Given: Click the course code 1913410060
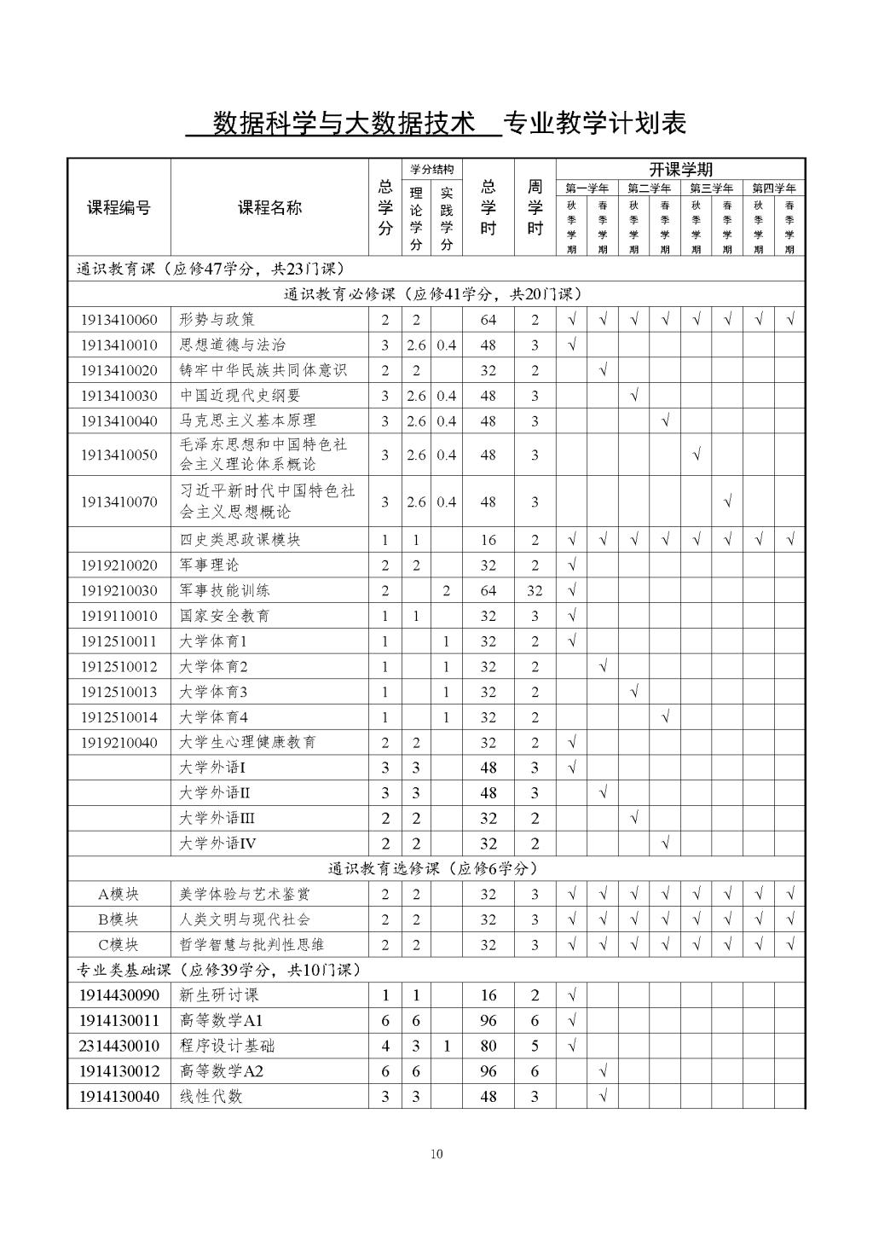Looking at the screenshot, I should tap(119, 320).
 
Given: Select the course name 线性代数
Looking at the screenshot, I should tap(211, 1096).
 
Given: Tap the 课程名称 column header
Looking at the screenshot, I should tap(269, 207).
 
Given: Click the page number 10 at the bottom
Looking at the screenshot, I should tap(436, 1154).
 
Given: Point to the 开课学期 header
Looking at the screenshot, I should tap(680, 169).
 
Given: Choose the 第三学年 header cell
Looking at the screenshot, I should tap(711, 188).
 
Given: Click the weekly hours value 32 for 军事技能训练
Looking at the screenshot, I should tap(535, 590).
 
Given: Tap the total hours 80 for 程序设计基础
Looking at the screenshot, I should tap(488, 1046).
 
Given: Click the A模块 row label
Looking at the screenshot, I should tap(119, 894).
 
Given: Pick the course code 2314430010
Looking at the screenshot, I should tap(119, 1046).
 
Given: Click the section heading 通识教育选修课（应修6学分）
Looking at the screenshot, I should tap(433, 868).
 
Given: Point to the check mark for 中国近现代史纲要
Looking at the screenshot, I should tap(633, 396).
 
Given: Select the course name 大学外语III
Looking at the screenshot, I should tap(217, 818).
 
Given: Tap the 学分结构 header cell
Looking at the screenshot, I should tap(431, 169).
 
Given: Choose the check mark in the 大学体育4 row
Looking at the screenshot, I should tap(665, 717).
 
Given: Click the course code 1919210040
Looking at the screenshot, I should tap(119, 743).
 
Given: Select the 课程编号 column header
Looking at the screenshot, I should tap(119, 207).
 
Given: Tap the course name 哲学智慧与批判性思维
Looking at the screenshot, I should tap(252, 945).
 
